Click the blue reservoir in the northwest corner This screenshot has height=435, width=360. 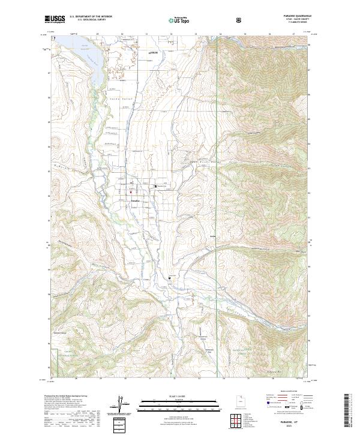click(x=84, y=54)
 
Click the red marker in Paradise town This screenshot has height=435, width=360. click(x=130, y=193)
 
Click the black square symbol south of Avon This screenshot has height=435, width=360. click(x=169, y=278)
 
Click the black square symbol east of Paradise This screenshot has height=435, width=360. click(x=155, y=187)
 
